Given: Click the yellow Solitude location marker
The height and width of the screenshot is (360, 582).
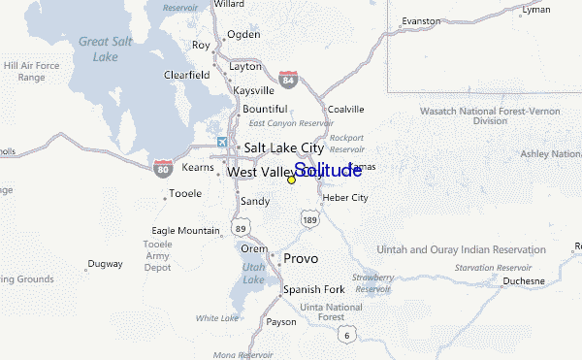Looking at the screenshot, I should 291,180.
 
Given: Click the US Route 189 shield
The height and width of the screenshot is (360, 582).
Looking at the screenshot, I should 309,221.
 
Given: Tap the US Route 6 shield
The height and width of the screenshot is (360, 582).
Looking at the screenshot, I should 345,335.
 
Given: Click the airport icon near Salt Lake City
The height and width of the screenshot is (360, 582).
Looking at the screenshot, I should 223,144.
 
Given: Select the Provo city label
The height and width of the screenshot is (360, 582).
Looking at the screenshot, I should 300,259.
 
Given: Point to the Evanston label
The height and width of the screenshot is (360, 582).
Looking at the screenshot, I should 421,20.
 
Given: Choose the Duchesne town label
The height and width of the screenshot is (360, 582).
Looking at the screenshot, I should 524,281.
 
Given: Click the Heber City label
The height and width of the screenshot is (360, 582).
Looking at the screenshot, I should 345,198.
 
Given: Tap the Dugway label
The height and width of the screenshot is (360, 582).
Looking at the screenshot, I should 105,263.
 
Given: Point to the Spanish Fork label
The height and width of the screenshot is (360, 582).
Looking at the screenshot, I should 313,290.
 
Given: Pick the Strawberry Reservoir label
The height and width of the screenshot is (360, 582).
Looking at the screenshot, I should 372,282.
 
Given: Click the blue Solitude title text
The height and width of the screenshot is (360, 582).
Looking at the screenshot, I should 328,171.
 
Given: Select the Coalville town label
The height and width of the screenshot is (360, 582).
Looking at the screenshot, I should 344,109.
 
